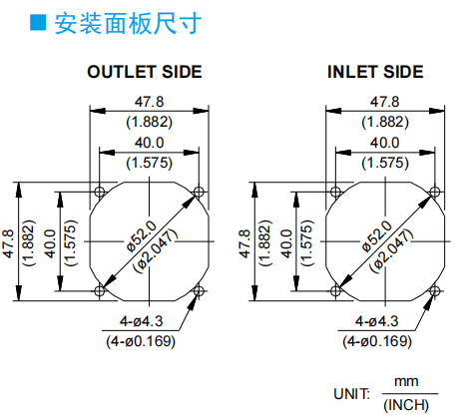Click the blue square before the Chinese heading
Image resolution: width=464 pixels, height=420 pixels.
(38, 23)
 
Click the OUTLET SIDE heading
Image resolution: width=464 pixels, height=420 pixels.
(145, 72)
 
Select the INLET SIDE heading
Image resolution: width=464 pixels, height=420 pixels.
(375, 72)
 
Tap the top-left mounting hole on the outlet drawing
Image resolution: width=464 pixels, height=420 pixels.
(100, 192)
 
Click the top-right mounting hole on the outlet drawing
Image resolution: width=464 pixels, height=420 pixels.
(199, 192)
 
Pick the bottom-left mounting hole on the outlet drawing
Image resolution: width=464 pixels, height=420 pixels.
(100, 291)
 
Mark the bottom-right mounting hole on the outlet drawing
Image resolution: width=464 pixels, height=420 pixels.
(199, 291)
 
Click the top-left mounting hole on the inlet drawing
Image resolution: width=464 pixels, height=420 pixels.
(335, 192)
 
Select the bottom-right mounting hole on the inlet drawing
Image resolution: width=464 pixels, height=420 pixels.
(435, 291)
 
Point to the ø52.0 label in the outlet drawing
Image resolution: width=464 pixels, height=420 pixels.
(142, 235)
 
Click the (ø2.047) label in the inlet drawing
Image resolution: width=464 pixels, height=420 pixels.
(392, 251)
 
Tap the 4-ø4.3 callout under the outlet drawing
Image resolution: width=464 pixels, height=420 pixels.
(142, 321)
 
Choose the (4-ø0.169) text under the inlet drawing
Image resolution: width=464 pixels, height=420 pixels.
(377, 341)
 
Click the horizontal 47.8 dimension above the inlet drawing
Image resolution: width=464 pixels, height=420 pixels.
(385, 102)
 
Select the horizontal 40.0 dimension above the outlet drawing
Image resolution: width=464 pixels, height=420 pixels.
(149, 143)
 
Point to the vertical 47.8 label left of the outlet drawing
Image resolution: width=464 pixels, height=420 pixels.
(9, 243)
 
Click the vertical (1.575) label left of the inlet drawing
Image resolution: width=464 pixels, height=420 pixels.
(307, 243)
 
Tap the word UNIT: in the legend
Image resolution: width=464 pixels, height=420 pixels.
(351, 394)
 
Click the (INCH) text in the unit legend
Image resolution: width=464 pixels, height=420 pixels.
(406, 405)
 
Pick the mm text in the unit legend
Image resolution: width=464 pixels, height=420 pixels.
(406, 382)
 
